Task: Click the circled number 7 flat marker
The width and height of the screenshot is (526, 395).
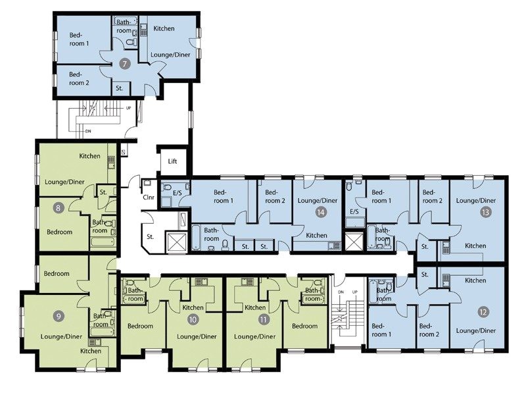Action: pos(125,64)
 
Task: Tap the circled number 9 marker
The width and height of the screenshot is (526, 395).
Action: pos(59,316)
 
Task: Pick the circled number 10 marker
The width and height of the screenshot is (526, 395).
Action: pos(193,320)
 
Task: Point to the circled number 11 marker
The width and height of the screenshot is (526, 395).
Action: pos(264,320)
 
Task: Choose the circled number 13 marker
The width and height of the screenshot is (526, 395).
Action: pos(485,213)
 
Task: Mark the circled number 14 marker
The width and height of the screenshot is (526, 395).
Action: pos(321,213)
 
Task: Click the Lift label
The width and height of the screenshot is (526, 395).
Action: pos(173,161)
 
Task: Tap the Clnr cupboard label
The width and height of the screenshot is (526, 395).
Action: pos(148,196)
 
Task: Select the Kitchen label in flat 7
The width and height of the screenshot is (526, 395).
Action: pos(164,30)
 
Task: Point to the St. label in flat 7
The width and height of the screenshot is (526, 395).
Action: pos(120,87)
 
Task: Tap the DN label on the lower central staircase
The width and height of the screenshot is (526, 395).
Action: pos(340,292)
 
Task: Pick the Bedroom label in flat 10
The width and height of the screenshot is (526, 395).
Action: pos(140,326)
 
